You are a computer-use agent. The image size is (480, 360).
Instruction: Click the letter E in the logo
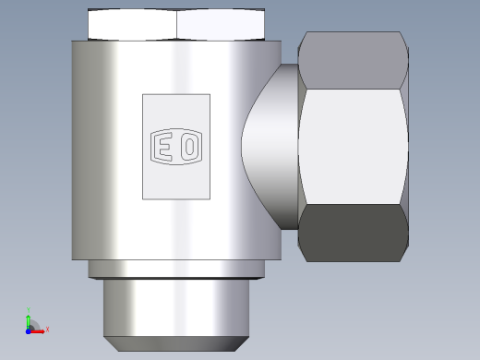point(162,147)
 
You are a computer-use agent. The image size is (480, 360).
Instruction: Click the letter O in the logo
point(190,146)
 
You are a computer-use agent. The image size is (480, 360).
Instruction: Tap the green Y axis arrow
point(29,321)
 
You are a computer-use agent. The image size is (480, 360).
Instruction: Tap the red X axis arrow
point(37,331)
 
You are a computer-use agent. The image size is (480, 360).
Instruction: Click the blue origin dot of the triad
point(29,331)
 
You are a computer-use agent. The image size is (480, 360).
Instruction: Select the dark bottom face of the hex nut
point(354,233)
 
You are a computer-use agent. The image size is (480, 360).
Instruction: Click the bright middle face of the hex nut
point(354,147)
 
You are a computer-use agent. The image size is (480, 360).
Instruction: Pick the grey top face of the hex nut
point(354,60)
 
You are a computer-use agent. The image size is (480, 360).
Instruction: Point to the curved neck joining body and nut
point(270,147)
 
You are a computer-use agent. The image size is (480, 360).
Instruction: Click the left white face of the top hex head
point(132,25)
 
